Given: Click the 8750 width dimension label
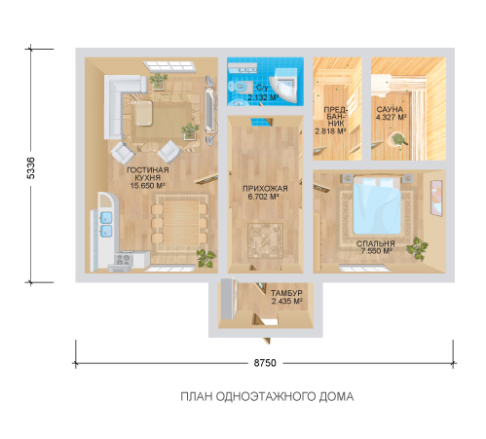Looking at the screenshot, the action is [x=265, y=363].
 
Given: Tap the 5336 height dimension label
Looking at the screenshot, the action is [x=31, y=167].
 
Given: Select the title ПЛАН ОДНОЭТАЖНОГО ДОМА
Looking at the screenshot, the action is [x=267, y=396].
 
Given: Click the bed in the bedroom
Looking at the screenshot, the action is [x=377, y=205].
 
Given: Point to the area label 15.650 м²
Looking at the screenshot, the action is [x=148, y=186].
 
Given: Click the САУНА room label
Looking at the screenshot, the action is [x=390, y=110].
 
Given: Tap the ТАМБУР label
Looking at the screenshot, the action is [x=286, y=293].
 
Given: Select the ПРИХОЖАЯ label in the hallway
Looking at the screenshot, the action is [x=265, y=189].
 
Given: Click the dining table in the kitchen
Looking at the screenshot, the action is [x=181, y=223].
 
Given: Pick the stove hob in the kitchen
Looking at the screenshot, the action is [x=124, y=259].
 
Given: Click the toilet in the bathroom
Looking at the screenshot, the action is [x=241, y=87].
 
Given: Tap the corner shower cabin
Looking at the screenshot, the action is [x=284, y=84].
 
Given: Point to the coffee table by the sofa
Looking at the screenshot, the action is [x=144, y=113].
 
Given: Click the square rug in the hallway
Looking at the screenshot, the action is [x=265, y=240].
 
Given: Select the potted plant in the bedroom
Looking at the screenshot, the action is [x=417, y=248].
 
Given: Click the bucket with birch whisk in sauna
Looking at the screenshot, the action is [x=398, y=140].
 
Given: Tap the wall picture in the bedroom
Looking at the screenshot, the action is [x=436, y=198].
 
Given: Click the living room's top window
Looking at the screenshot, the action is [x=169, y=65].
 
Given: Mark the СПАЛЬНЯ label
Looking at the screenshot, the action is [x=376, y=243].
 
